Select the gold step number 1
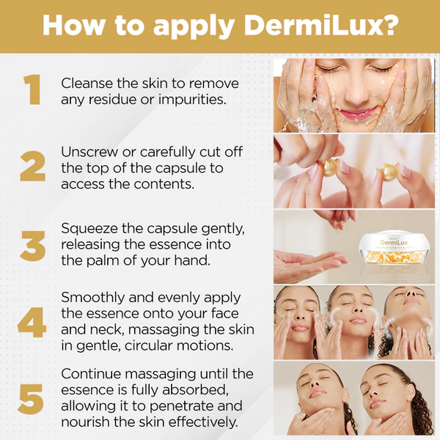click(32, 89)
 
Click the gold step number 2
click(33, 166)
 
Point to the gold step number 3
click(32, 246)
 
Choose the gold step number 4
click(32, 322)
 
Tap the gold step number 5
click(31, 399)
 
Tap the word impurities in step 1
click(192, 100)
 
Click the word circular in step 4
click(148, 345)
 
